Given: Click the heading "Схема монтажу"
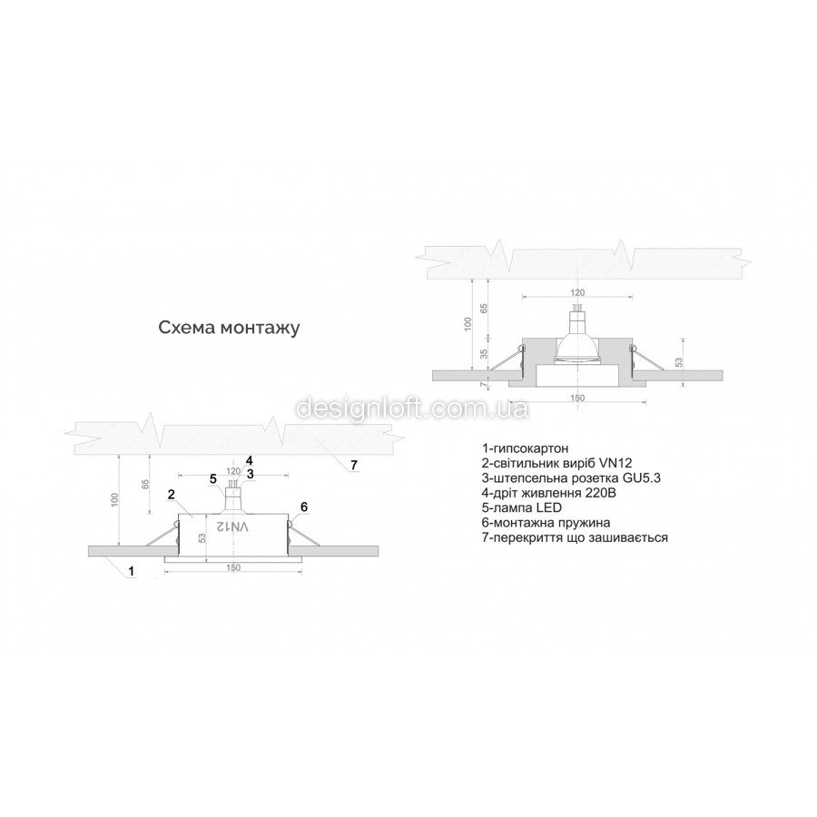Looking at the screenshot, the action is point(229,329).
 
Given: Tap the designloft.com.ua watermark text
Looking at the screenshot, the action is point(412,408).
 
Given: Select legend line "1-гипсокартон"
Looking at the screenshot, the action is point(526,448).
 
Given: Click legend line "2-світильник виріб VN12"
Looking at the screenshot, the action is point(557,463).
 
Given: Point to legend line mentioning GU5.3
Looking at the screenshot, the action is point(572,477).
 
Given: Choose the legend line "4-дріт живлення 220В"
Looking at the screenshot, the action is point(549,492).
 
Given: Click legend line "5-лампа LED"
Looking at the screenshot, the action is point(522,507).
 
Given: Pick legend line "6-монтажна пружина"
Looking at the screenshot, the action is point(546,523).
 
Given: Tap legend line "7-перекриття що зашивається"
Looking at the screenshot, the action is point(576,537).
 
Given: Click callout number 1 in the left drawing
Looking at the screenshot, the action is point(132,571).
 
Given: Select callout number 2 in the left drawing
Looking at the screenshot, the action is point(171,495).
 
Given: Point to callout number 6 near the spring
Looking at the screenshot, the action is point(304,507).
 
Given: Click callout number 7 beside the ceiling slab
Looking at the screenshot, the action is point(354,465).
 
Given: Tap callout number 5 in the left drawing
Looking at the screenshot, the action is point(213,478).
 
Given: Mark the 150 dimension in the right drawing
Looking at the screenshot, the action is point(577,399).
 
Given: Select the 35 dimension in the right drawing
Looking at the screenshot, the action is point(484,354).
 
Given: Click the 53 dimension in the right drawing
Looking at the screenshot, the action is point(678,361).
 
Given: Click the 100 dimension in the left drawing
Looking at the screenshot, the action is point(115,499).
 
